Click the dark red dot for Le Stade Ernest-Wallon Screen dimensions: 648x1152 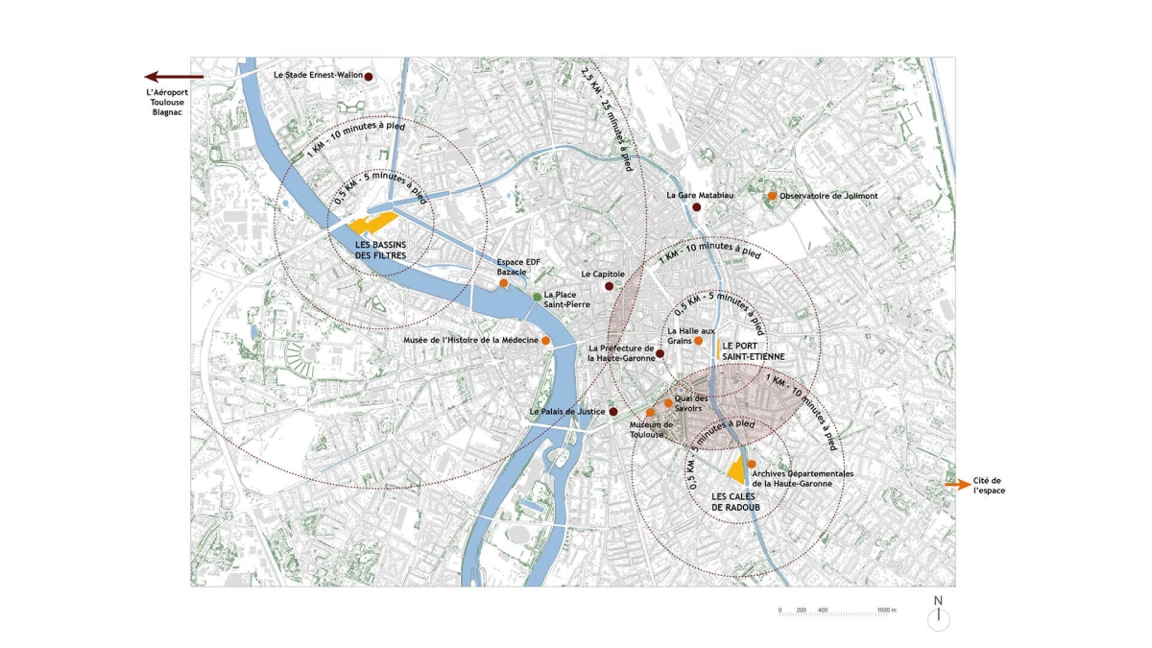click(x=367, y=76)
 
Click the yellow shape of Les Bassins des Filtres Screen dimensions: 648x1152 click(x=372, y=224)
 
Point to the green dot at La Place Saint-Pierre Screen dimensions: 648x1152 click(x=538, y=298)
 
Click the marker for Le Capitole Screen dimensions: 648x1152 click(x=608, y=286)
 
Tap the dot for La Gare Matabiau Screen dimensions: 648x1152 click(x=697, y=206)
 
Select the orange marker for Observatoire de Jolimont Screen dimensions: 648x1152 click(x=772, y=196)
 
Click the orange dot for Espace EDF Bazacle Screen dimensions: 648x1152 click(x=503, y=283)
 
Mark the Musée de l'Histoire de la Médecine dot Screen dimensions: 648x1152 click(x=545, y=341)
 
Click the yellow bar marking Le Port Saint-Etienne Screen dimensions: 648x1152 click(x=717, y=349)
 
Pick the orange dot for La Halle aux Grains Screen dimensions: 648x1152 click(x=699, y=341)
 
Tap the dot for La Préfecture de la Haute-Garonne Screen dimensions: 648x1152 click(x=660, y=354)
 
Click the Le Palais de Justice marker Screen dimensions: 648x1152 click(x=612, y=412)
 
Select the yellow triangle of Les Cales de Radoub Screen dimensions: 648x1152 click(x=737, y=470)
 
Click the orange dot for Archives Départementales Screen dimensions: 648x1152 click(x=752, y=464)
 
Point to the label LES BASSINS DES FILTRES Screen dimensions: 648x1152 click(x=379, y=250)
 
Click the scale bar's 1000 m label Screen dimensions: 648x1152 click(x=886, y=610)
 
